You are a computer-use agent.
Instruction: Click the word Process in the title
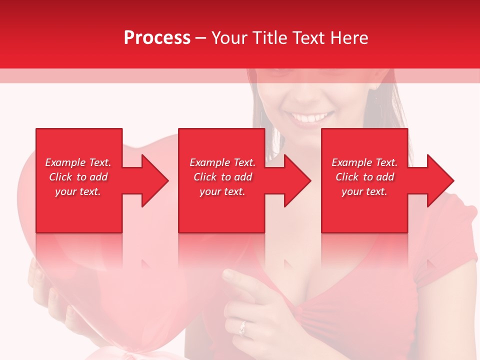pos(157,38)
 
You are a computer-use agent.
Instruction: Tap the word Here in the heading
pos(349,38)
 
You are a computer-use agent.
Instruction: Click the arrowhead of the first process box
pos(155,180)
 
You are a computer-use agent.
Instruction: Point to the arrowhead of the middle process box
pos(297,180)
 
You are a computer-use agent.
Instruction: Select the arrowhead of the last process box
pos(440,180)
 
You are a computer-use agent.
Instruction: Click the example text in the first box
pos(78,177)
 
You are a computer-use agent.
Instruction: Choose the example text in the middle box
pos(222,177)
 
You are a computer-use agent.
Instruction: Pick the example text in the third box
pos(364,177)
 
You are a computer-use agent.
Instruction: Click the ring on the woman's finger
pos(243,328)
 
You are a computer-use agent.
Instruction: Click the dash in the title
pos(201,38)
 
